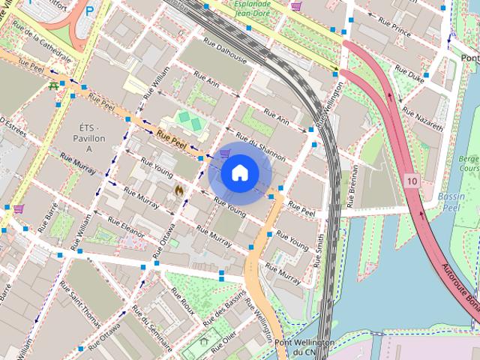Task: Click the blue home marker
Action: point(240,173)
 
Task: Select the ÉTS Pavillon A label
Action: point(89,138)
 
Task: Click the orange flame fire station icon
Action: point(178,191)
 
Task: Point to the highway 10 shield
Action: point(412,181)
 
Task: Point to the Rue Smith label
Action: point(319,250)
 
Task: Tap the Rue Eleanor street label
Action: point(125,228)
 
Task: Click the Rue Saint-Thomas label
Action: point(79,304)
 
